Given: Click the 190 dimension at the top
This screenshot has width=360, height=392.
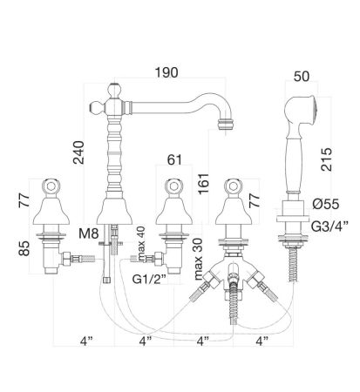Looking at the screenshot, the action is click(166, 72).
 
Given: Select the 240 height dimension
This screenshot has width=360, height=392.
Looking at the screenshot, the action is click(78, 152).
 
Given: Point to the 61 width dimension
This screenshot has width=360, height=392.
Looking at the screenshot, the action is click(174, 159).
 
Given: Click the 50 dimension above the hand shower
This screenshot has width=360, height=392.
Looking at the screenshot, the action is click(302, 77).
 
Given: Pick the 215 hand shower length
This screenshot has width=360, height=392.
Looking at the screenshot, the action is click(326, 159).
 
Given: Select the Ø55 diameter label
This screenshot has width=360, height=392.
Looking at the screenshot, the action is click(326, 204).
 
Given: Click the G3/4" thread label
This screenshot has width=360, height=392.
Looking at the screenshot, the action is click(329, 226).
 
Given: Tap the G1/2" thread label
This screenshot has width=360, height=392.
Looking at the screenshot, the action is click(149, 280).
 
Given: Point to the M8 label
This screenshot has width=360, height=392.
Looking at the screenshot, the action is click(89, 233).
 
